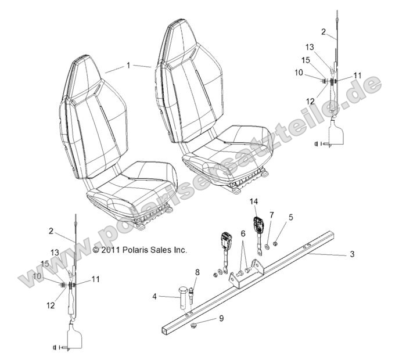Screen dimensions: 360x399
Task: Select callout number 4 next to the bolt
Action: click(154, 297)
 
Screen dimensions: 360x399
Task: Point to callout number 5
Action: click(291, 217)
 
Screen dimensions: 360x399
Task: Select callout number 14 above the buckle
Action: click(253, 201)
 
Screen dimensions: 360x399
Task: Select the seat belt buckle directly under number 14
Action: click(257, 225)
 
